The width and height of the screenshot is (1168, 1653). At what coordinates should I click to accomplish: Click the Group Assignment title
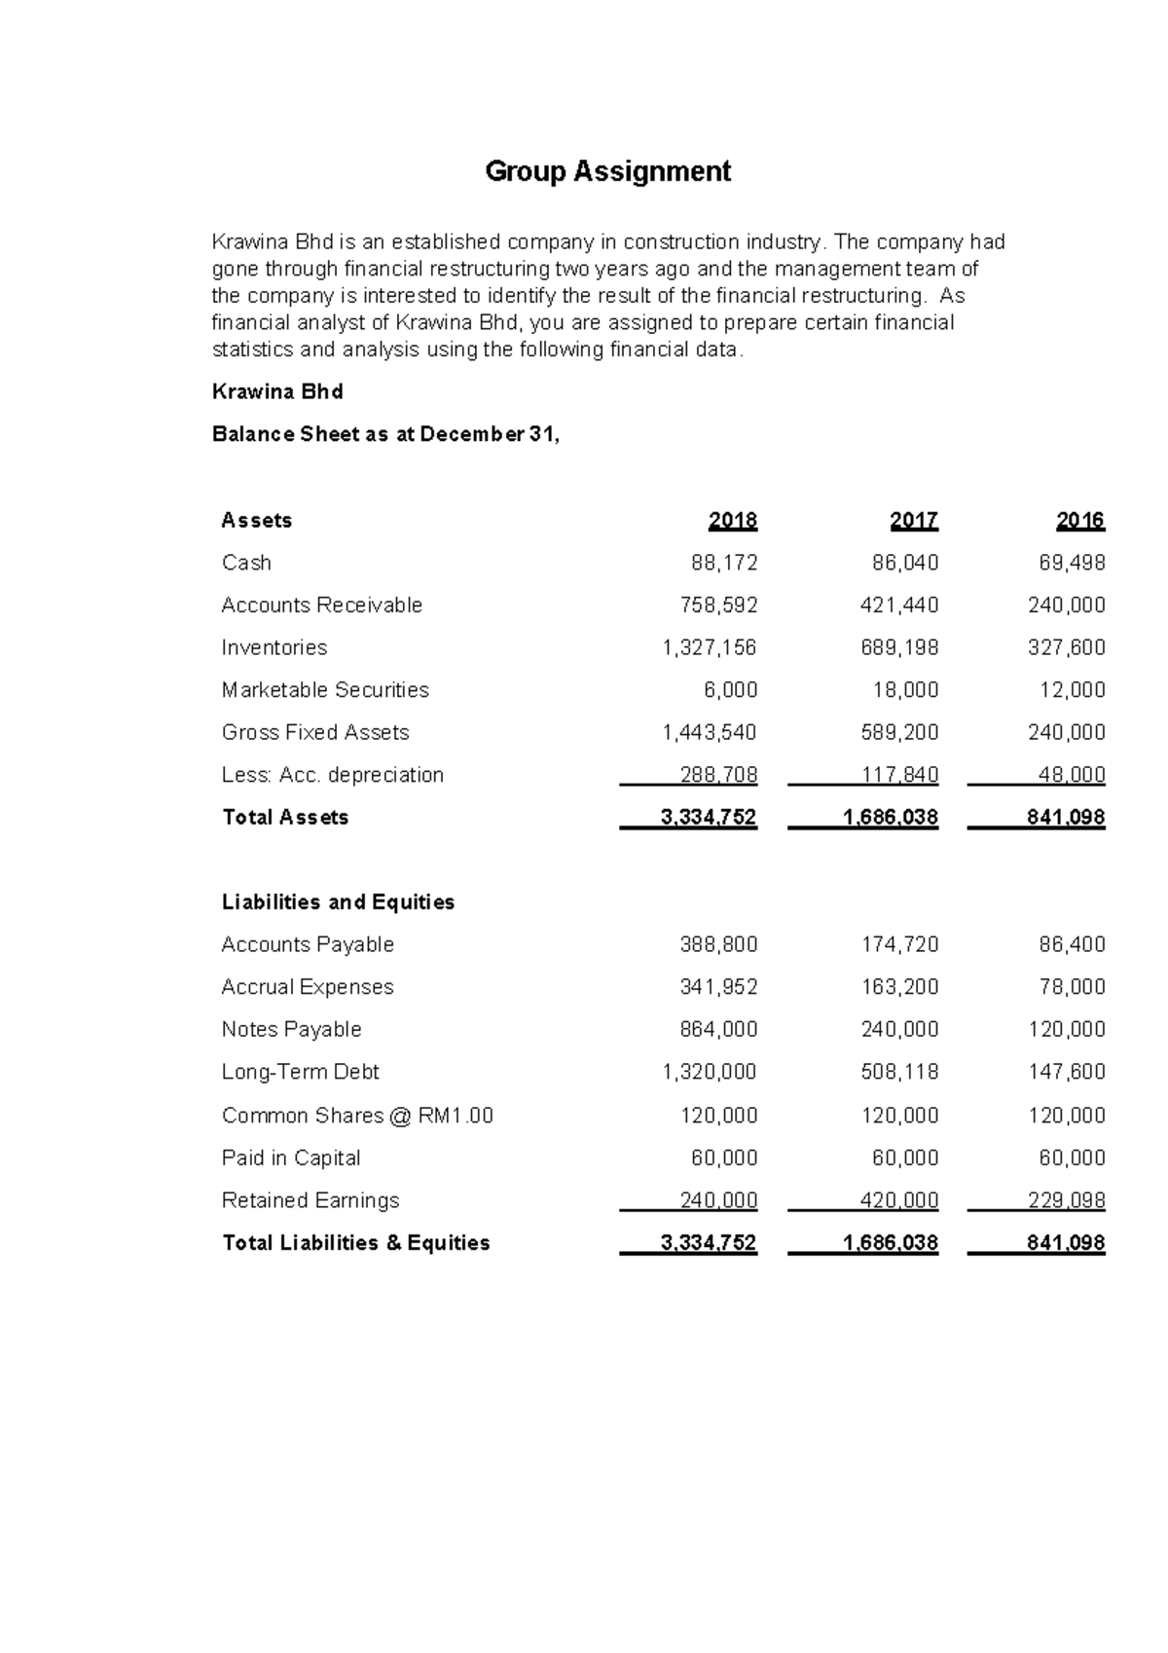click(607, 172)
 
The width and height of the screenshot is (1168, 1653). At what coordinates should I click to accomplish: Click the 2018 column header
click(732, 521)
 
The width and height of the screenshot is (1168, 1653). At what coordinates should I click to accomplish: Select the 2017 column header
click(913, 521)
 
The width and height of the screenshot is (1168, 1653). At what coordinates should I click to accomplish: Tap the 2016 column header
click(1079, 521)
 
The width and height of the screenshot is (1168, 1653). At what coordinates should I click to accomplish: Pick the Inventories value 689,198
click(899, 647)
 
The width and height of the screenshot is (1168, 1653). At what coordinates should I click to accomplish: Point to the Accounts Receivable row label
click(321, 606)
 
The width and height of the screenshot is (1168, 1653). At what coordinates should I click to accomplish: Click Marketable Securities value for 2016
click(1073, 690)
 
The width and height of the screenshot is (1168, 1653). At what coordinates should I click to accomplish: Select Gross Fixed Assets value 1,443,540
click(709, 732)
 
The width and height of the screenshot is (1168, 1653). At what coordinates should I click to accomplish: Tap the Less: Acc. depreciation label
click(332, 775)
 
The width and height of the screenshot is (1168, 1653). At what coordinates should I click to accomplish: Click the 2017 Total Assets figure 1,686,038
click(890, 818)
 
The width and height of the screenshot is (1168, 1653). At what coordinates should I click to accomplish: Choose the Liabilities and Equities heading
click(338, 902)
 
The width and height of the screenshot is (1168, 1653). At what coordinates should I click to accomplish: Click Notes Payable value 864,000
click(718, 1029)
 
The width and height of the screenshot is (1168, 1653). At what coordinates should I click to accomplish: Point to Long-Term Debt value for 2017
click(899, 1072)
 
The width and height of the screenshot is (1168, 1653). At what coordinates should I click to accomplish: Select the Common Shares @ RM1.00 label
click(357, 1116)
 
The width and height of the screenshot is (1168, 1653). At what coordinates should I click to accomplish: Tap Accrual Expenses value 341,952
click(718, 987)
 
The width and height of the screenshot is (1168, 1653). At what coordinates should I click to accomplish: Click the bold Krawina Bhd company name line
click(277, 392)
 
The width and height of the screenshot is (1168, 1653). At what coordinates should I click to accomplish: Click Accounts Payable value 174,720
click(899, 944)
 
